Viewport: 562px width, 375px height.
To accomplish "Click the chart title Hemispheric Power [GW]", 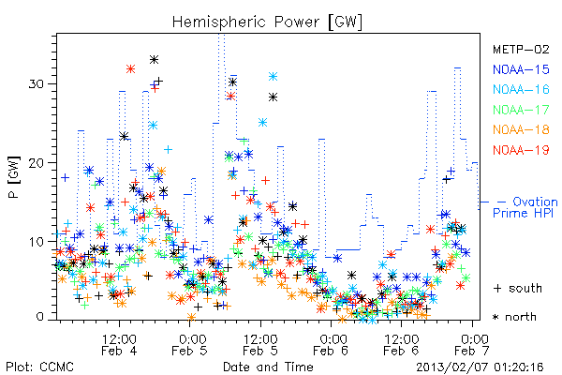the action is click(267, 22).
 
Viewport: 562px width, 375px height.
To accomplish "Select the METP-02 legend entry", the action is click(521, 49).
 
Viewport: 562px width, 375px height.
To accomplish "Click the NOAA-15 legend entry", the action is click(521, 69).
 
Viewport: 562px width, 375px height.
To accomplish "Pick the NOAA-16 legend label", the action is click(521, 89).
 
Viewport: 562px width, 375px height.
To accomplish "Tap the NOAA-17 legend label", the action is click(521, 110).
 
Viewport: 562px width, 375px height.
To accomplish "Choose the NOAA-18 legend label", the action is click(521, 129).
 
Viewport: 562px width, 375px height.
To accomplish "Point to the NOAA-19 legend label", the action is click(521, 150).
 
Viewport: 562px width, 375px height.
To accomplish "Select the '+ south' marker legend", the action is click(518, 288).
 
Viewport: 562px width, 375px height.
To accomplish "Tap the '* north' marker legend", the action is click(514, 317).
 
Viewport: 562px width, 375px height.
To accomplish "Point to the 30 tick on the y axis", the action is click(36, 84).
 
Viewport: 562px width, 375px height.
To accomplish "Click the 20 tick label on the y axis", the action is click(36, 163).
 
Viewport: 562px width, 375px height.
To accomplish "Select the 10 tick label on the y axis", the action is click(36, 242).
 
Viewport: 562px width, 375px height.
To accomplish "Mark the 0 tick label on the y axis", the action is click(40, 317).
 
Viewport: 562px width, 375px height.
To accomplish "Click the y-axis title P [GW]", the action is click(14, 177).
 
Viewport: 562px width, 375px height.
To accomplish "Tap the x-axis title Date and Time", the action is click(268, 367).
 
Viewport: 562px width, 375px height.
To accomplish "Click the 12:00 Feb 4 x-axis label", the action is click(119, 345).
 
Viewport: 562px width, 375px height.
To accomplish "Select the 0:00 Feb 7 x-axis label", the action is click(472, 345).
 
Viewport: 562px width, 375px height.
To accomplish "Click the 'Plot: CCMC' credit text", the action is click(39, 367).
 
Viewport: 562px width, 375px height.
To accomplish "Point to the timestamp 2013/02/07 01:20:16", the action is click(480, 367).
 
